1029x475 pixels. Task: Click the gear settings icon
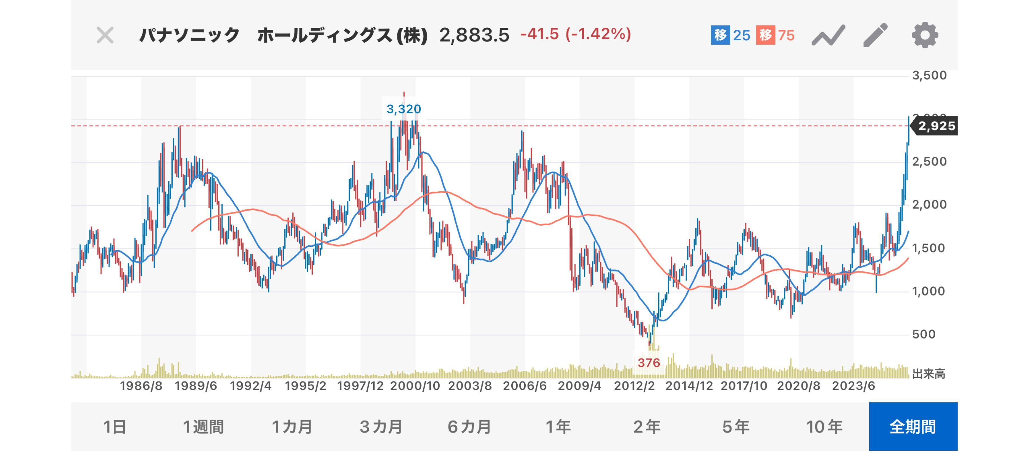(x=924, y=35)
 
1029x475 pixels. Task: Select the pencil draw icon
(x=875, y=35)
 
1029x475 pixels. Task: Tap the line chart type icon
(x=828, y=35)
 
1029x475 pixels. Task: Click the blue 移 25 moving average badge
(x=731, y=35)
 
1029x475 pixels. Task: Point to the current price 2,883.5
(x=474, y=35)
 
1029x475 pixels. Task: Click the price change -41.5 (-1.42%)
(x=575, y=34)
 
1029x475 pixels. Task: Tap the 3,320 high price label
(x=403, y=109)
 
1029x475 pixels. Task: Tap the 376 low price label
(x=649, y=363)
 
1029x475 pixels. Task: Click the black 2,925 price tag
(x=936, y=126)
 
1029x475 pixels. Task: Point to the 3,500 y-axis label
(x=929, y=75)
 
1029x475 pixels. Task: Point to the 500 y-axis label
(x=924, y=334)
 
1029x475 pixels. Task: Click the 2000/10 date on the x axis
(x=415, y=386)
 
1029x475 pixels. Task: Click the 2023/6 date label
(x=853, y=386)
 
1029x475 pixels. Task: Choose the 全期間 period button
(x=913, y=427)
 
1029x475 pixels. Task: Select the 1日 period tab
(x=115, y=427)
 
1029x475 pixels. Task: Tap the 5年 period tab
(x=735, y=427)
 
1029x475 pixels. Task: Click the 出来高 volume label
(x=929, y=374)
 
